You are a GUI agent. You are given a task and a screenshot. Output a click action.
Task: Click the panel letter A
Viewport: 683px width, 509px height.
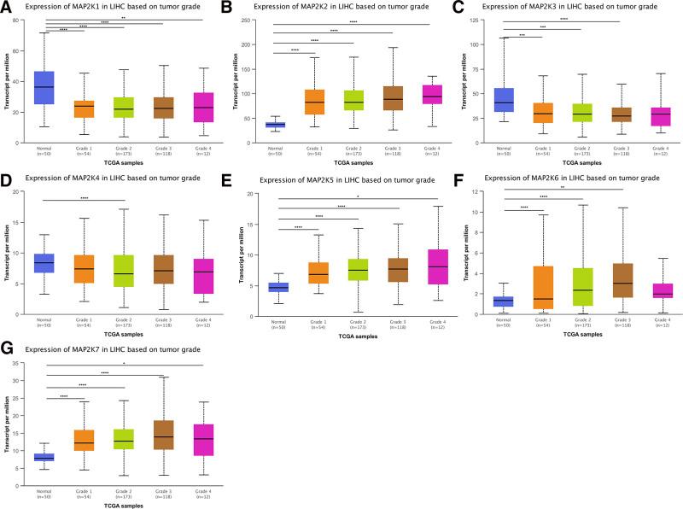7,9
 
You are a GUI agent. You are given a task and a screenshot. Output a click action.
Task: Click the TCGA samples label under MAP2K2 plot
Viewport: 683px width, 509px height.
341,161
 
